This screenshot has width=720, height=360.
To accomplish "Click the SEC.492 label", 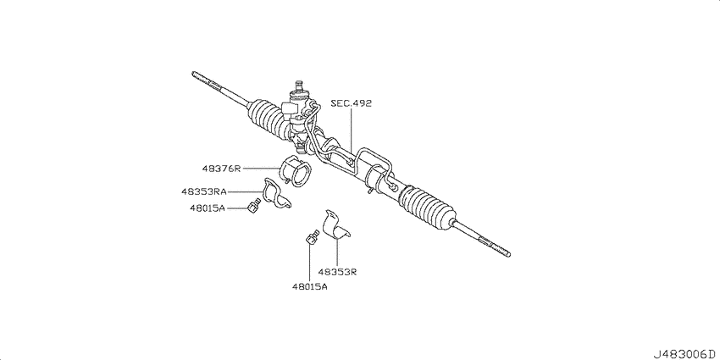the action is [352, 103].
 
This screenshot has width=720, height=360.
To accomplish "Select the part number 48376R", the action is [221, 169].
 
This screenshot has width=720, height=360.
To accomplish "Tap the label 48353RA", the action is [203, 192].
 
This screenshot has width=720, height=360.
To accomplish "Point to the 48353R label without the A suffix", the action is [337, 272].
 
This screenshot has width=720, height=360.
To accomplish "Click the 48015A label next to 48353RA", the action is [207, 208].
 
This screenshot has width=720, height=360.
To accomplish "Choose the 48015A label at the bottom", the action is [309, 287].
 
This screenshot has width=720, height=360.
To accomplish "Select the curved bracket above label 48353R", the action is [335, 226].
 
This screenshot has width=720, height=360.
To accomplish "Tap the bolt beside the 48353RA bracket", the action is [253, 206].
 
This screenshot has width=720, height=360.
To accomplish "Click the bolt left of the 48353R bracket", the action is [312, 237].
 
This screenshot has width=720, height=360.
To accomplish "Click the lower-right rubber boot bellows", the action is [429, 206].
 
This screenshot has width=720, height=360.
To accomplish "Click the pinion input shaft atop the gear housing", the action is [299, 86].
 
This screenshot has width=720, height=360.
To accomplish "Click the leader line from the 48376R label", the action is [261, 169].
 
